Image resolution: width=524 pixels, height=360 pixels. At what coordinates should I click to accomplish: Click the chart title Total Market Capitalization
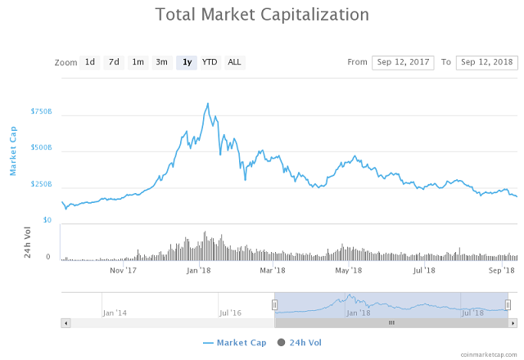click(262, 15)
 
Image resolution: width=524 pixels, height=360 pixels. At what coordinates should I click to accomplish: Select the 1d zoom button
click(90, 62)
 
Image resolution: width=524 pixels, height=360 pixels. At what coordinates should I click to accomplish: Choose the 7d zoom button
click(114, 62)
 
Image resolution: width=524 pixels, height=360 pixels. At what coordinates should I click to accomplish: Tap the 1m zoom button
click(138, 62)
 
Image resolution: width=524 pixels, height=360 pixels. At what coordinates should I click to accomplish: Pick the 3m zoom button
click(162, 62)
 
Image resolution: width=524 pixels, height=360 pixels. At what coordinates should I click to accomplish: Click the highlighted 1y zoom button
click(187, 62)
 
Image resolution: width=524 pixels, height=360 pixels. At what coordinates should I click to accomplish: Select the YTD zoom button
click(210, 62)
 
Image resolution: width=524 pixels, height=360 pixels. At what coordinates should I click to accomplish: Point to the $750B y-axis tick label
click(41, 111)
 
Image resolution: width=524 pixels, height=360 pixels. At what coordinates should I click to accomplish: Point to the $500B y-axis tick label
click(41, 148)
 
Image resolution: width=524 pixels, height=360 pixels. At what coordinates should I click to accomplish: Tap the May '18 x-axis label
click(349, 270)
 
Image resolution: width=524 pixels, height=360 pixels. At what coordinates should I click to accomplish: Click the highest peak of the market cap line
click(208, 104)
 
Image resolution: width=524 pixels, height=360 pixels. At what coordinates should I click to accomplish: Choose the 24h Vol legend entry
click(300, 342)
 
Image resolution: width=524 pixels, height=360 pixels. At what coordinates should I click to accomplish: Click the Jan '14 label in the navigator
click(115, 313)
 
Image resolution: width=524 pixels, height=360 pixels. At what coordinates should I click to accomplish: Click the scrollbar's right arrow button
click(513, 323)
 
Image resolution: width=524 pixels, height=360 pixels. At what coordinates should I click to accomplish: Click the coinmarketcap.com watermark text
click(489, 354)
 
